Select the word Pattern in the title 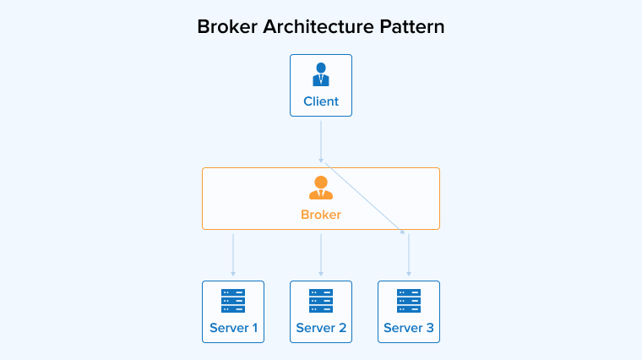(411, 26)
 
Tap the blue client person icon (321, 74)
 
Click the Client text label (321, 101)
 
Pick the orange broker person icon (321, 187)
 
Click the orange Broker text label (321, 215)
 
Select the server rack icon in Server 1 (233, 301)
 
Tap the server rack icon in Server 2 (321, 301)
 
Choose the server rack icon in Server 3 (409, 301)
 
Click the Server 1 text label (233, 328)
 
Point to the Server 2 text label (321, 328)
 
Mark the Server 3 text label (409, 328)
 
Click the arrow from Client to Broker (321, 139)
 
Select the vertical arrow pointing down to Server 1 (233, 254)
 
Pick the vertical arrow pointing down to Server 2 (321, 254)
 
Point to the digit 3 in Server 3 (429, 328)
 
